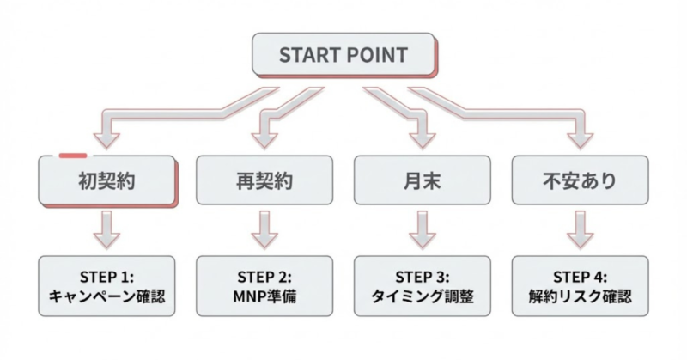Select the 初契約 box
pyautogui.click(x=107, y=181)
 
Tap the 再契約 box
pyautogui.click(x=264, y=181)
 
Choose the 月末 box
pyautogui.click(x=421, y=181)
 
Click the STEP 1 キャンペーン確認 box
pyautogui.click(x=107, y=289)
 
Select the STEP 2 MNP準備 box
pyautogui.click(x=264, y=289)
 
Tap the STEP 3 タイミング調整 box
pyautogui.click(x=421, y=289)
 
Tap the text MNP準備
pyautogui.click(x=264, y=299)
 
